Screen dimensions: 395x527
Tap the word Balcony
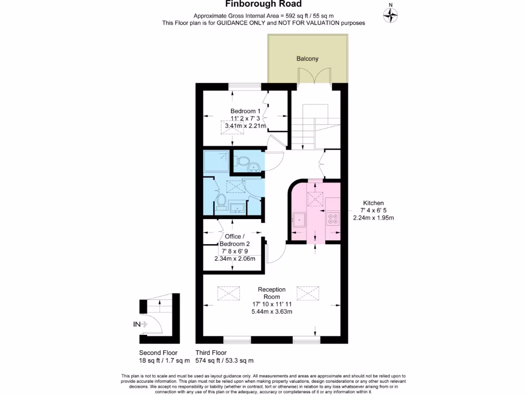point(307,59)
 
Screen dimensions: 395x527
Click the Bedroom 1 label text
point(245,111)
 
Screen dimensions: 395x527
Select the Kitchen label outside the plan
point(373,203)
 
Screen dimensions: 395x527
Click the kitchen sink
point(299,221)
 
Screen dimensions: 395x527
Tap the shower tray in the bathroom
point(215,161)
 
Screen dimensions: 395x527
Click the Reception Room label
point(272,293)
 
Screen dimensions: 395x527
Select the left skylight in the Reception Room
point(229,294)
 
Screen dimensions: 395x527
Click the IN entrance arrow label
point(137,324)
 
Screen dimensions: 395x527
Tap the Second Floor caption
point(158,353)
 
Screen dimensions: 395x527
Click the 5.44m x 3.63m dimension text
point(272,312)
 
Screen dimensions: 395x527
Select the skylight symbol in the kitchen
point(314,197)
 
